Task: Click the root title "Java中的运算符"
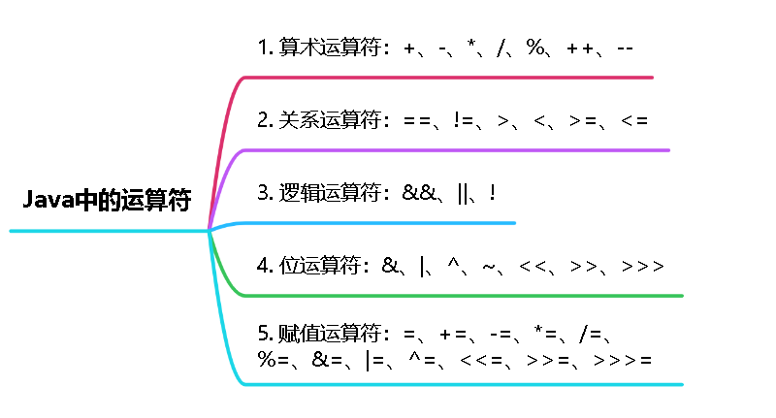(107, 200)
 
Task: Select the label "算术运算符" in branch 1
(329, 48)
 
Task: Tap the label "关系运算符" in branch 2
(329, 119)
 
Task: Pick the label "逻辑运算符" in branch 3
(329, 192)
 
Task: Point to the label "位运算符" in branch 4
(319, 266)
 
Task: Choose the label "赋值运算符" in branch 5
(329, 334)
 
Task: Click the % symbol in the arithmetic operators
(535, 48)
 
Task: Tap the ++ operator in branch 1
(580, 48)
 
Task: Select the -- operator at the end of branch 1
(625, 48)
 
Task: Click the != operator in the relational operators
(464, 120)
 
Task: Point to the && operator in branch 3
(419, 192)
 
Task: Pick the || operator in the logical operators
(463, 193)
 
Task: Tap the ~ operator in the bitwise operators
(489, 267)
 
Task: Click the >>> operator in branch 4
(642, 266)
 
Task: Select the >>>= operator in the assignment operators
(623, 360)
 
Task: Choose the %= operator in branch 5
(274, 359)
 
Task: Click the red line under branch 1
(448, 78)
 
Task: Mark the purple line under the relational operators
(456, 150)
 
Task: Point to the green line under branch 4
(464, 296)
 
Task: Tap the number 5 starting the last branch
(263, 334)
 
